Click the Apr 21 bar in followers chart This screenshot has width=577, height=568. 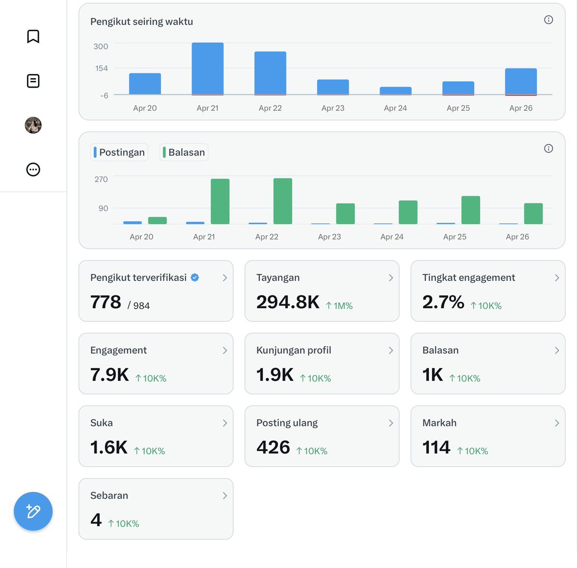(208, 69)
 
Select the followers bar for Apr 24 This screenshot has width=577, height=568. (396, 91)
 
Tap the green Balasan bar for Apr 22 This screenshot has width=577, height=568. (283, 201)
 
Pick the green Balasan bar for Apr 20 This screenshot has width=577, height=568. (158, 220)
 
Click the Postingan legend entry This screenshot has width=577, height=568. (119, 152)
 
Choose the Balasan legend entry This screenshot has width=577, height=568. (184, 152)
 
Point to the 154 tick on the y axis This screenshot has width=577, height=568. (101, 68)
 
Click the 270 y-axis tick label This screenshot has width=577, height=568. (101, 179)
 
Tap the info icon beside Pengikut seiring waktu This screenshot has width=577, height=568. (548, 20)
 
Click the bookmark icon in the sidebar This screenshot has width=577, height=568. (33, 37)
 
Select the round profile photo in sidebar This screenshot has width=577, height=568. (33, 125)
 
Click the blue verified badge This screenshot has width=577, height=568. (195, 278)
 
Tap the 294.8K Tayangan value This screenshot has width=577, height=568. (288, 302)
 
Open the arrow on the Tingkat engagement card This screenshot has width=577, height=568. (557, 278)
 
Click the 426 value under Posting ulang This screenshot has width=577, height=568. (274, 447)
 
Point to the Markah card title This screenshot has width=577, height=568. (439, 423)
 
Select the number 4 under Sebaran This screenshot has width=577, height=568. (96, 520)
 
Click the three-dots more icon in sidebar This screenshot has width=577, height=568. (33, 170)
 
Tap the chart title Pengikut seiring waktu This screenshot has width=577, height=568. (142, 22)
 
